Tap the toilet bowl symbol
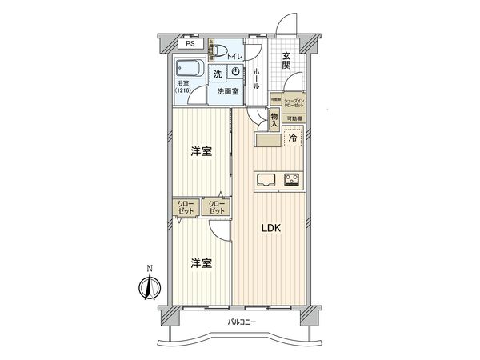tap(218, 54)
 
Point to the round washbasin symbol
tap(235, 72)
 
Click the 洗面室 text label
tap(227, 90)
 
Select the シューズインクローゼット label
tap(295, 103)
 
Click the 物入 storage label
tap(274, 120)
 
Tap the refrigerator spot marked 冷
tap(293, 138)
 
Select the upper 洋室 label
tap(201, 152)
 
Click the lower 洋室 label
tap(201, 262)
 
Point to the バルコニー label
tap(239, 323)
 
